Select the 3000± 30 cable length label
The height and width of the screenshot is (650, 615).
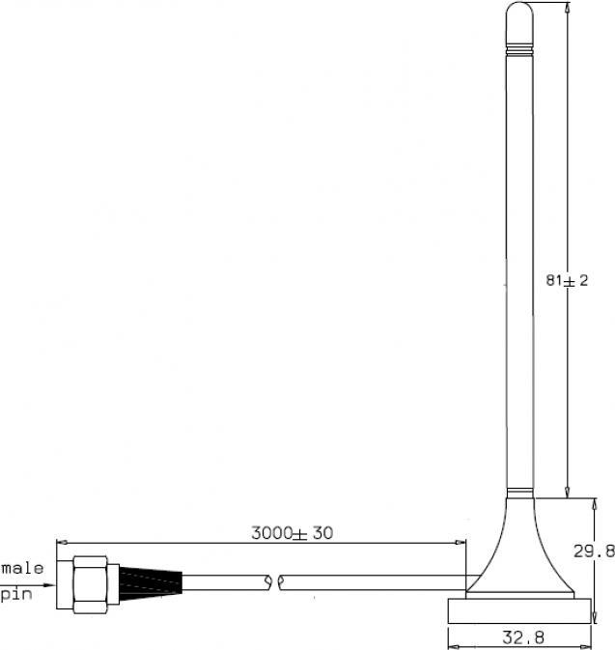pyautogui.click(x=292, y=532)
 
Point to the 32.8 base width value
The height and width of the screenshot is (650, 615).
pyautogui.click(x=520, y=637)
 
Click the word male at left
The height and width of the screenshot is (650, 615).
pyautogui.click(x=22, y=568)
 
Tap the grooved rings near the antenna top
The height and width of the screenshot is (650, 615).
pyautogui.click(x=519, y=45)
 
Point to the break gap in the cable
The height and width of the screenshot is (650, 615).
pyautogui.click(x=274, y=582)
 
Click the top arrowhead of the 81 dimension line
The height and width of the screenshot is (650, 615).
pyautogui.click(x=566, y=8)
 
